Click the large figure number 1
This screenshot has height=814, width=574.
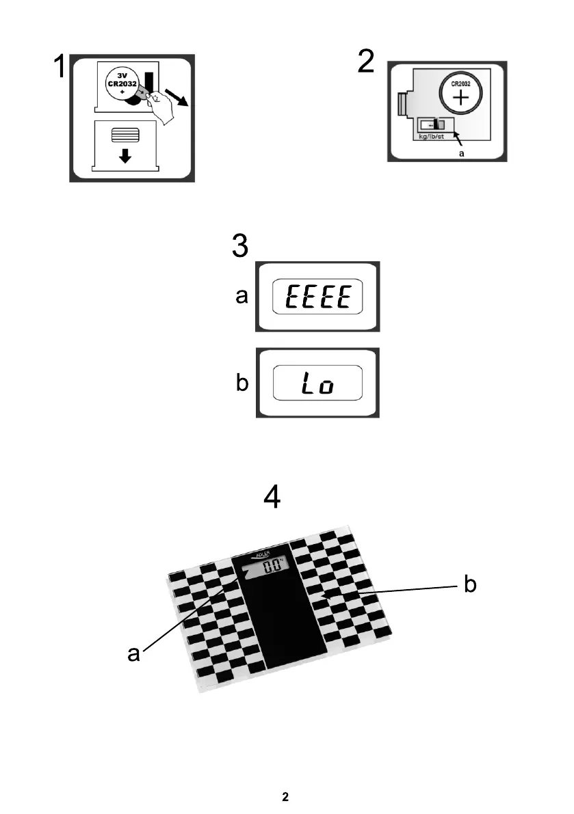pyautogui.click(x=60, y=68)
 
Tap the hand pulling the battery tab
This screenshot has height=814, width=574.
pyautogui.click(x=161, y=107)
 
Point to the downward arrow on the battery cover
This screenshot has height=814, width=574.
pyautogui.click(x=125, y=156)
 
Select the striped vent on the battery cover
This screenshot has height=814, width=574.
pyautogui.click(x=129, y=134)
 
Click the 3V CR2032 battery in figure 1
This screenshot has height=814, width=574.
pyautogui.click(x=124, y=85)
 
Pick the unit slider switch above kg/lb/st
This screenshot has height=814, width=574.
pyautogui.click(x=434, y=124)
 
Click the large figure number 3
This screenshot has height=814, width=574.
pyautogui.click(x=239, y=246)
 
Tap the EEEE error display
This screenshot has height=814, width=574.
pyautogui.click(x=317, y=297)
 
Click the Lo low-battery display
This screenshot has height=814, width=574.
pyautogui.click(x=317, y=383)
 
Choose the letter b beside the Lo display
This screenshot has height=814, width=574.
pyautogui.click(x=242, y=383)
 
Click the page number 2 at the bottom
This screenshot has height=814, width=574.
pyautogui.click(x=286, y=797)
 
